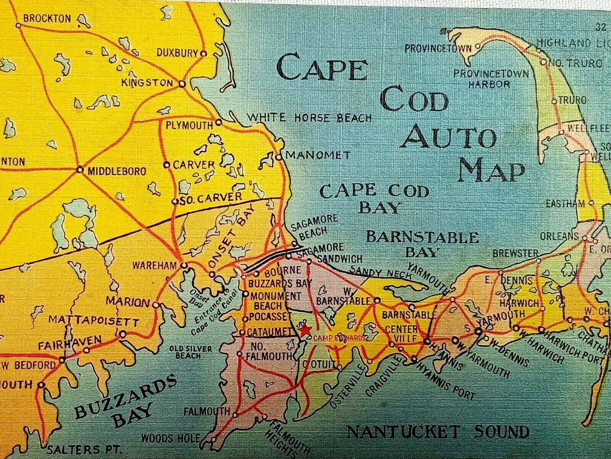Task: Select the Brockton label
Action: [47, 18]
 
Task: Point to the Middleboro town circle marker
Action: [80, 169]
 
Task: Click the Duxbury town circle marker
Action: [204, 54]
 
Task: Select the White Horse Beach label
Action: [309, 117]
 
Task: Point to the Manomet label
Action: [318, 155]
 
